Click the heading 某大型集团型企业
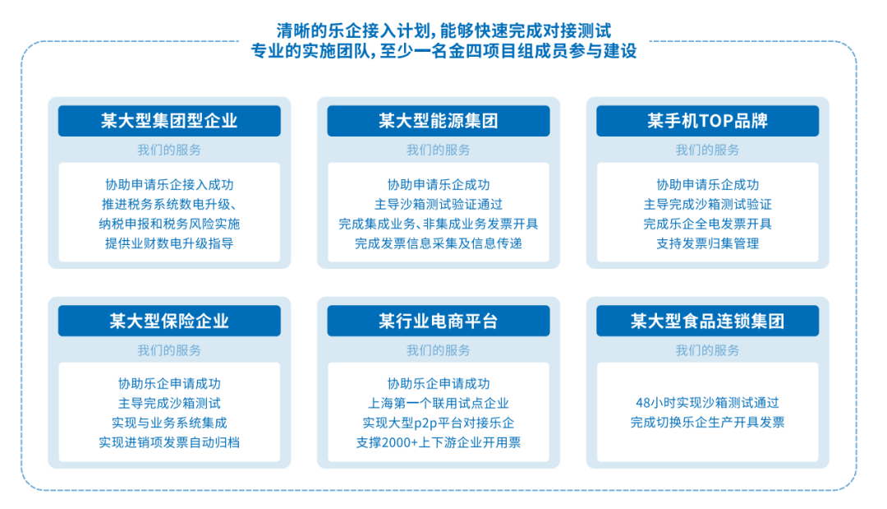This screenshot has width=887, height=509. point(169,121)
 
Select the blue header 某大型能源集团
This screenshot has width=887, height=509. point(438,121)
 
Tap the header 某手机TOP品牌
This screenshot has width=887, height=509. point(707,121)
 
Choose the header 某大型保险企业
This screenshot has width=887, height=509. point(169,321)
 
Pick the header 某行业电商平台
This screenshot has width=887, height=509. point(438,321)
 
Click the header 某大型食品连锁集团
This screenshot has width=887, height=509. point(707,321)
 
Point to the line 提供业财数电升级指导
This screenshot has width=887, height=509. point(169,243)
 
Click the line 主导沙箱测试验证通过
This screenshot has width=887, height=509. point(438,204)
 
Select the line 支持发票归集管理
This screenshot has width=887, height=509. point(707,243)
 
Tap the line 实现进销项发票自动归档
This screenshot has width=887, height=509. point(169,442)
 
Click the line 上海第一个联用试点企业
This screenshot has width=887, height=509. point(438,403)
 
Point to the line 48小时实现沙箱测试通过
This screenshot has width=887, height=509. point(707,403)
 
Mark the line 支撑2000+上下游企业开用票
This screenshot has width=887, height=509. point(438,442)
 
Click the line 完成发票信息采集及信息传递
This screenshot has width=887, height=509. point(438,243)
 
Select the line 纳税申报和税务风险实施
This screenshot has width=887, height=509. point(169,224)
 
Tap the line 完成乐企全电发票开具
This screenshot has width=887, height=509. point(707,224)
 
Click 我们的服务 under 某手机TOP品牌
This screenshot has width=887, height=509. point(707,150)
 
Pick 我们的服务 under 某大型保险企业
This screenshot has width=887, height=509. point(169,349)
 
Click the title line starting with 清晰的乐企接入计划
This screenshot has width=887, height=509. point(443,31)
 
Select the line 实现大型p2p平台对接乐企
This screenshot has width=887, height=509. point(438,423)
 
